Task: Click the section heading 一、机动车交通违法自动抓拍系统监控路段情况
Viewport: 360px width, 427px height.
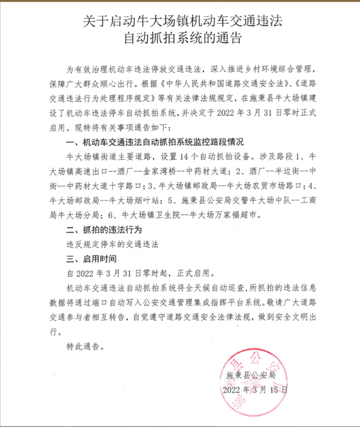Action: pyautogui.click(x=156, y=142)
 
